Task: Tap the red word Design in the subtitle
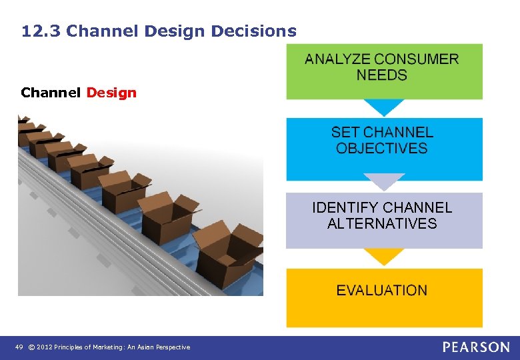point(111,93)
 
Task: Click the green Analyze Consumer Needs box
point(384,71)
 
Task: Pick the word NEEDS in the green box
point(381,75)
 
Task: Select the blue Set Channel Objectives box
point(384,149)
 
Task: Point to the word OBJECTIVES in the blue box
point(381,149)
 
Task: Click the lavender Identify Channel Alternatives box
point(384,220)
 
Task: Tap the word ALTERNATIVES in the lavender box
point(381,224)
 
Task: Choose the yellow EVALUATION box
point(384,297)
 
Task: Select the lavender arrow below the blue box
point(383,182)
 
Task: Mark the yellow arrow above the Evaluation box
point(383,257)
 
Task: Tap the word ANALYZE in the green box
point(337,59)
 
